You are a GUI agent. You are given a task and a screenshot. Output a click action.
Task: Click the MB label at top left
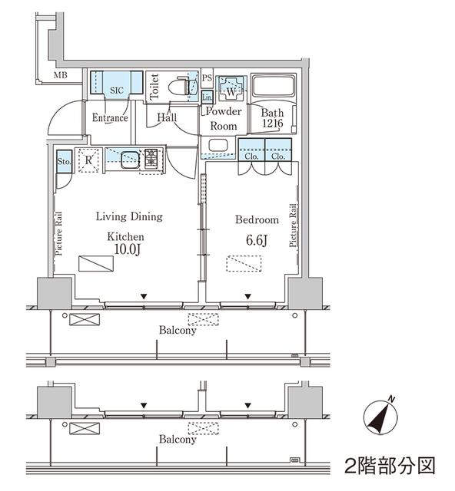tap(61, 75)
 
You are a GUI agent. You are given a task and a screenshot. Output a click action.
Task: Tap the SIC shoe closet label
tap(116, 90)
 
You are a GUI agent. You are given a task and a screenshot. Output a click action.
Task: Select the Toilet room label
tap(154, 87)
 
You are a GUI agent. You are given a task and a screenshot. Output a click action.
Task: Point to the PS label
tap(207, 78)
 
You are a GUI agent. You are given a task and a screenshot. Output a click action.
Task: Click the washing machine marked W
tap(230, 89)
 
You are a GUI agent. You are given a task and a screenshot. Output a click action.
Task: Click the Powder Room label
tap(224, 119)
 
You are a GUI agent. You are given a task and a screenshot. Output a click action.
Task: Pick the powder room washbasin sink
tap(218, 145)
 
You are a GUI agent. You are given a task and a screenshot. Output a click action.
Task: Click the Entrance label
tap(110, 118)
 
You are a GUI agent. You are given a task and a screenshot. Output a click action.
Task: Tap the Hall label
tap(167, 117)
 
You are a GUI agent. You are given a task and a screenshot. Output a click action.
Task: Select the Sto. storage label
tap(65, 161)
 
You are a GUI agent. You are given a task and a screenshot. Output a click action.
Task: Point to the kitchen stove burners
tap(151, 158)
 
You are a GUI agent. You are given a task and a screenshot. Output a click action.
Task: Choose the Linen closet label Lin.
tap(208, 97)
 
